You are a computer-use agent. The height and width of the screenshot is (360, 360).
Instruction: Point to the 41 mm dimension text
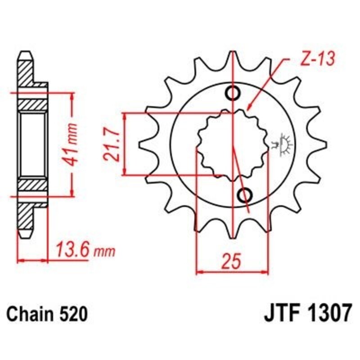(x=75, y=144)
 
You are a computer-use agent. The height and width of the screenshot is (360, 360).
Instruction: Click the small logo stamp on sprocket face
(x=283, y=144)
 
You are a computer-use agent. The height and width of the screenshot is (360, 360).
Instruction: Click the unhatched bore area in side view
(x=33, y=144)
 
